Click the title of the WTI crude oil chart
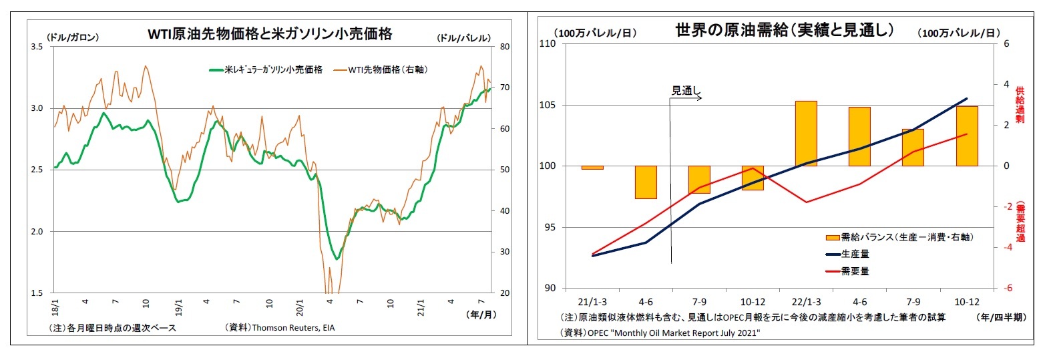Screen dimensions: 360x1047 pyautogui.click(x=269, y=33)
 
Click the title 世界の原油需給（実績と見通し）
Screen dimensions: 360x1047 pyautogui.click(x=784, y=30)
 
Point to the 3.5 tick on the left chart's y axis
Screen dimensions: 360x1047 pyautogui.click(x=37, y=47)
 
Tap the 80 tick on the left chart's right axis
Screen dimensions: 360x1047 pyautogui.click(x=504, y=47)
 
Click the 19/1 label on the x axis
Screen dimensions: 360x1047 pyautogui.click(x=178, y=303)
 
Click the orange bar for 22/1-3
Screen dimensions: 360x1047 pyautogui.click(x=806, y=134)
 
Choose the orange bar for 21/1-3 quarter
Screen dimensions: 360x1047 pyautogui.click(x=592, y=168)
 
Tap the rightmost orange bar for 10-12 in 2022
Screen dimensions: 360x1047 pyautogui.click(x=966, y=136)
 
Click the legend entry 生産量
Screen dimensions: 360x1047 pyautogui.click(x=855, y=254)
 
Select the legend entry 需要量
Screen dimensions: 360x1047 pyautogui.click(x=855, y=271)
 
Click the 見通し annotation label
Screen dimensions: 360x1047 pyautogui.click(x=685, y=89)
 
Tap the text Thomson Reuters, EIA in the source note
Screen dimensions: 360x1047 pyautogui.click(x=293, y=329)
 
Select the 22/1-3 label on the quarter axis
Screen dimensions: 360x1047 pyautogui.click(x=806, y=302)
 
